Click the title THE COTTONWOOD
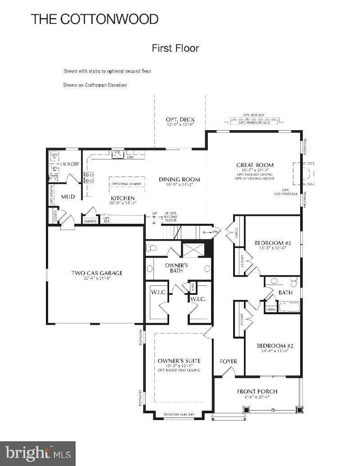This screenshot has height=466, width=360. (95, 19)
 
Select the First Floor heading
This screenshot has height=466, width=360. (175, 49)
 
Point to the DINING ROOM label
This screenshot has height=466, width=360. (179, 180)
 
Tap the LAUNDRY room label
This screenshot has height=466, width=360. (71, 165)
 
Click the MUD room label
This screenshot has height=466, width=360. (68, 197)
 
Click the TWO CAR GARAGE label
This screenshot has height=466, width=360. (97, 273)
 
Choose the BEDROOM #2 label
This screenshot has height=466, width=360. (275, 347)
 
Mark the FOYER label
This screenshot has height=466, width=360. (228, 361)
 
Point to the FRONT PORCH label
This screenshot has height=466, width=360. (257, 391)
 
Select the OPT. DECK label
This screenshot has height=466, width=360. (180, 120)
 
